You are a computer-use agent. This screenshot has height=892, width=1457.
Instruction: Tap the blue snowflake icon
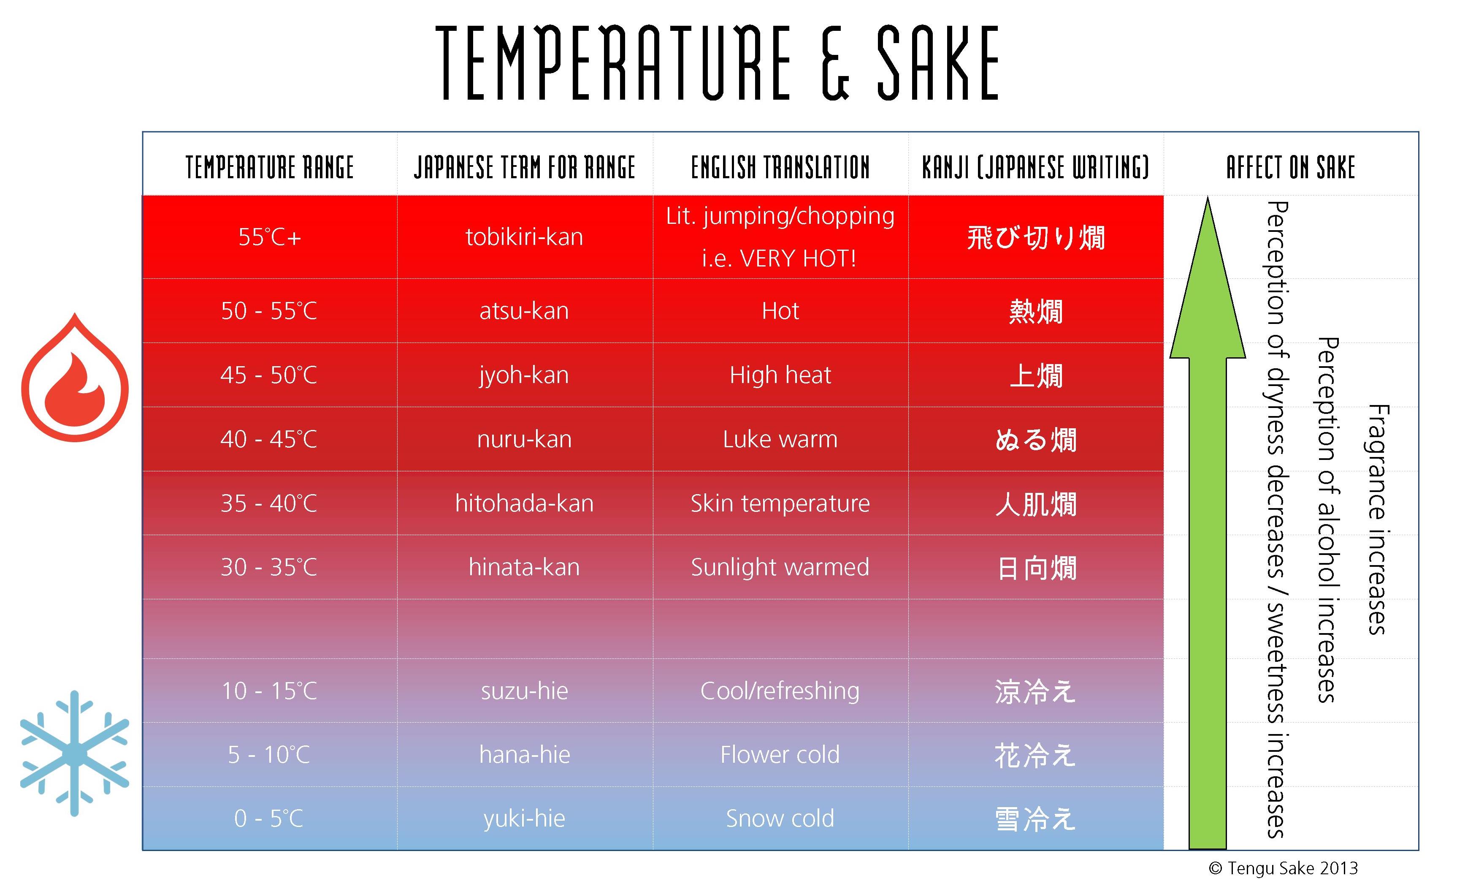tap(75, 753)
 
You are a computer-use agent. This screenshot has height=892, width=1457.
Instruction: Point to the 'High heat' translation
tap(780, 375)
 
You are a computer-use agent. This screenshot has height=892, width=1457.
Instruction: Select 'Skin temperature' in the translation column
tap(780, 503)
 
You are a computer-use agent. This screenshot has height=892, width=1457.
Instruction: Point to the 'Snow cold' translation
tap(780, 819)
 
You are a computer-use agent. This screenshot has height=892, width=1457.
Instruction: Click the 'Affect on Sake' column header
tap(1291, 167)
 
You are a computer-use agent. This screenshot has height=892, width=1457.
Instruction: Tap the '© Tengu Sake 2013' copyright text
tap(1283, 868)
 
